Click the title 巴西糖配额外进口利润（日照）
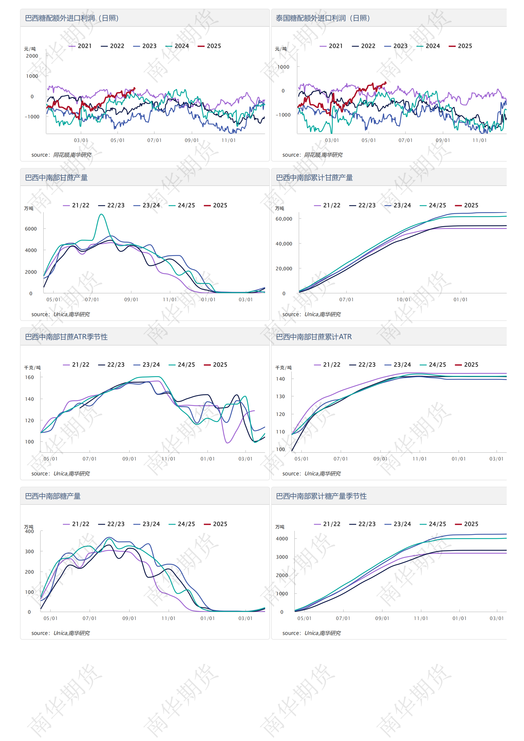(72, 18)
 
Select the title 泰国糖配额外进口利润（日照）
(323, 18)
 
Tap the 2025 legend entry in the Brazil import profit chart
(209, 46)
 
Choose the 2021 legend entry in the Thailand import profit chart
(331, 46)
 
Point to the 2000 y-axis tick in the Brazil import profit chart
(32, 56)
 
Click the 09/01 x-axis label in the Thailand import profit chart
(443, 140)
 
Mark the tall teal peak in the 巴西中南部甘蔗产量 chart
(101, 214)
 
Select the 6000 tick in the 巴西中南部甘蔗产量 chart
(31, 229)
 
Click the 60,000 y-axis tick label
(284, 219)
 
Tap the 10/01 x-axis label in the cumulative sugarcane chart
(403, 299)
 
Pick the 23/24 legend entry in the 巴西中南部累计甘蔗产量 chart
(398, 205)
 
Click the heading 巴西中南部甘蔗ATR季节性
(66, 337)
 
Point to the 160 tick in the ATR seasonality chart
(29, 377)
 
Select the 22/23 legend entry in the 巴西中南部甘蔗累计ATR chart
(363, 365)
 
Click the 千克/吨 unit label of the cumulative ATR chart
(283, 367)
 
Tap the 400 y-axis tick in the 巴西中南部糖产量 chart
(29, 531)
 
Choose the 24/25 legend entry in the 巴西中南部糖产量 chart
(182, 524)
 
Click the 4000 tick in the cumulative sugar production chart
(282, 539)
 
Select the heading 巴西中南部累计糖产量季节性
(321, 496)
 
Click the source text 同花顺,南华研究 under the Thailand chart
(323, 155)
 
